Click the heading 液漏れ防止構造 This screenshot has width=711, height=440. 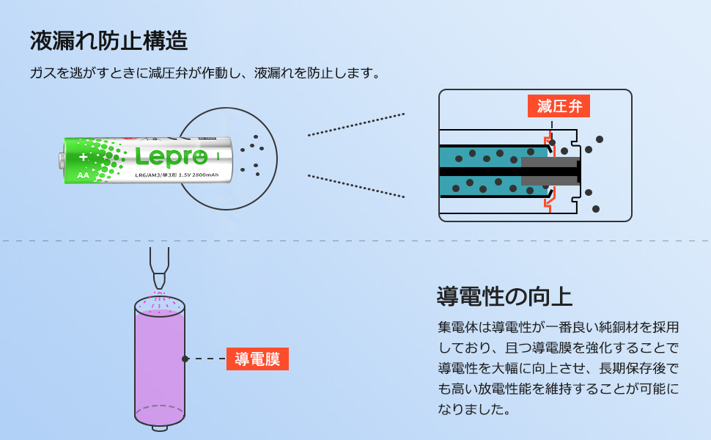108,40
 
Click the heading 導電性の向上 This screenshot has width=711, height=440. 504,296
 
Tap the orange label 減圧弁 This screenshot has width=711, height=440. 559,106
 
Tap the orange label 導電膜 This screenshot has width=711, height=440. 257,359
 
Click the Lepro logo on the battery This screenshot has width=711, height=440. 171,155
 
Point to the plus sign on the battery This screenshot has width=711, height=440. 84,157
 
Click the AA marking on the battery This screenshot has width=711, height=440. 84,176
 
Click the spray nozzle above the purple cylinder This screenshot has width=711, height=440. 159,268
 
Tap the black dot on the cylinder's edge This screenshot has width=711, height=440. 185,359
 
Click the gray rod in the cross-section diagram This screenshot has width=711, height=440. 550,170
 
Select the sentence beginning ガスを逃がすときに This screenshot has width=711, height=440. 205,73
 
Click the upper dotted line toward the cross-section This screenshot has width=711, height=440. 355,125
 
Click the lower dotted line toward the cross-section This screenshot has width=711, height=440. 355,186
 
